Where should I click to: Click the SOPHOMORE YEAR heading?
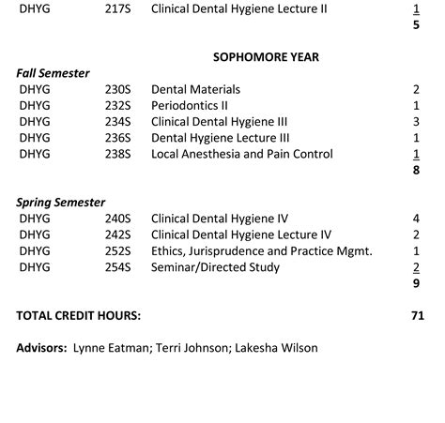[266, 57]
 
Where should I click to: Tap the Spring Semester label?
[61, 202]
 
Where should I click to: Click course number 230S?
[118, 89]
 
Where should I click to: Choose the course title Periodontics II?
[190, 105]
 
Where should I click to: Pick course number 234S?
[118, 122]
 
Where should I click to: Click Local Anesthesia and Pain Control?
[241, 154]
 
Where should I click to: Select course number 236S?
[118, 138]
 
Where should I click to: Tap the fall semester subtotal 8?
[415, 171]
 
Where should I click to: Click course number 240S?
[118, 219]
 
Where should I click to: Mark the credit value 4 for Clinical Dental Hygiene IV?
[415, 219]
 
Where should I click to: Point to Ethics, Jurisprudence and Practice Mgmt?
[262, 251]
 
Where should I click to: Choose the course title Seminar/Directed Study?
[215, 267]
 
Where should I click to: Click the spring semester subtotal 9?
[415, 282]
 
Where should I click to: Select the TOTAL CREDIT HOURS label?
[79, 315]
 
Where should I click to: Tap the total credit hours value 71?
[417, 315]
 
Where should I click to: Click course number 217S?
[118, 8]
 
